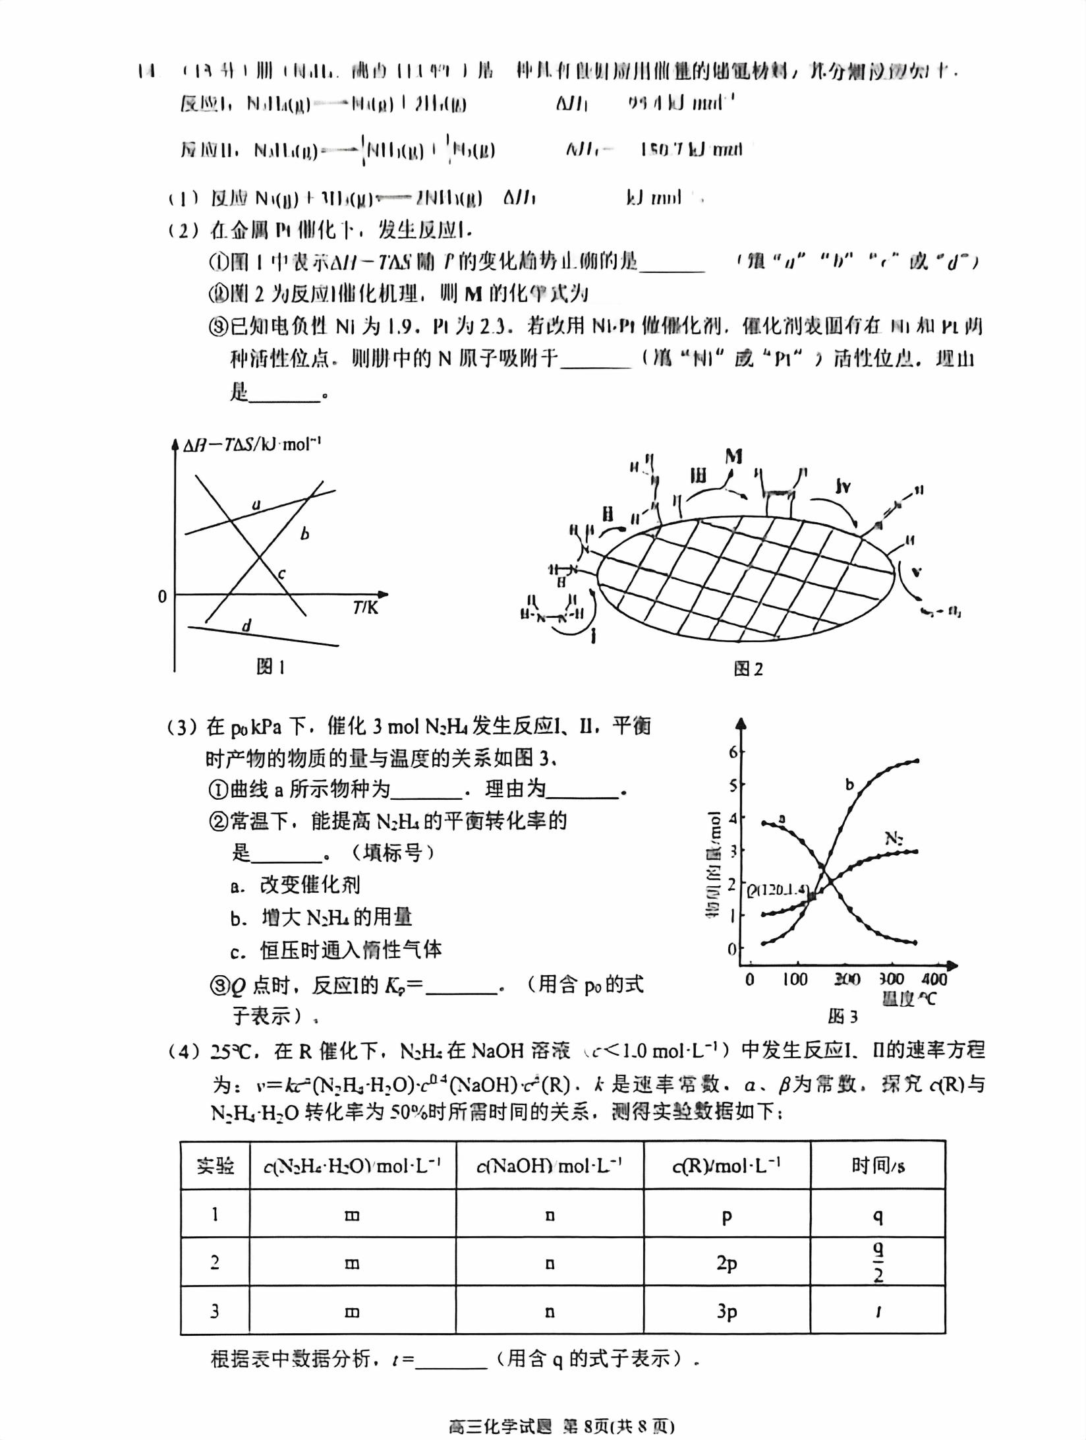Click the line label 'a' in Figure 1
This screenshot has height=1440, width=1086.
click(x=256, y=505)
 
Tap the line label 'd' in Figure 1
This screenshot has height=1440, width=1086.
click(x=246, y=625)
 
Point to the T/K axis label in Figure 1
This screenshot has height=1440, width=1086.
click(x=366, y=607)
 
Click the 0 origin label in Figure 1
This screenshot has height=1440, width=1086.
click(x=162, y=597)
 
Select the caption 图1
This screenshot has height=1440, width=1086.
click(x=270, y=667)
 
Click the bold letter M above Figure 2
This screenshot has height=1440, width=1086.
click(x=733, y=456)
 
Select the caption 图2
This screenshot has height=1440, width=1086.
click(x=748, y=669)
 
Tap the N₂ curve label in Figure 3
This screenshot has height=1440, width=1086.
click(x=894, y=839)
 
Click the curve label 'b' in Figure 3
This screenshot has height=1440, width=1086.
click(x=850, y=785)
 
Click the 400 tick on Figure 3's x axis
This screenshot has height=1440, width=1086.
click(x=934, y=979)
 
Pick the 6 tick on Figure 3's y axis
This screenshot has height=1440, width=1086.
click(x=732, y=752)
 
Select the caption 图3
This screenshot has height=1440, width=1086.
click(x=842, y=1016)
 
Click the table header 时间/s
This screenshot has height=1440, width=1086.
click(x=878, y=1166)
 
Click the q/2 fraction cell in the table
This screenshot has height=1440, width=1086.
click(x=878, y=1262)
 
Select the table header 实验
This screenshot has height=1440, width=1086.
click(x=215, y=1166)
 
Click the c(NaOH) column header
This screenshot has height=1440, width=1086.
click(x=549, y=1166)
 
